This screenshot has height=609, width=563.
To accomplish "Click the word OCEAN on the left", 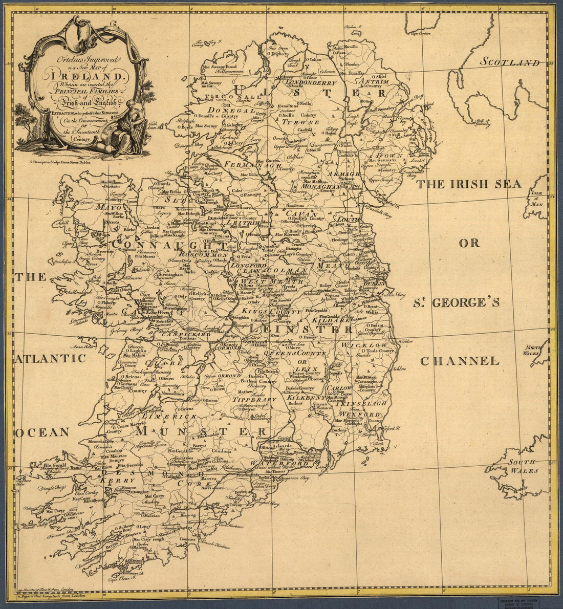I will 42,432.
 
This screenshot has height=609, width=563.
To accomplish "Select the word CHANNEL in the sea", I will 459,361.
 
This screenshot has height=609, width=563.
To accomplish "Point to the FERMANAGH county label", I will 239,166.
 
